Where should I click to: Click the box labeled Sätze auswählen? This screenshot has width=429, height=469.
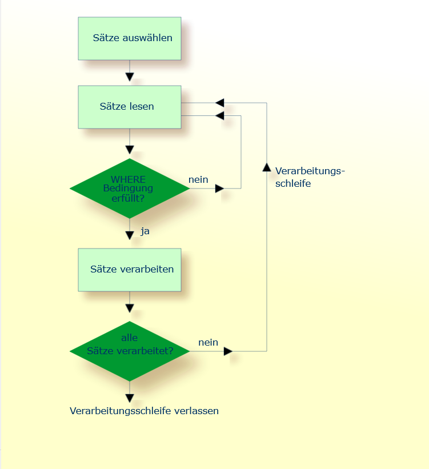(130, 38)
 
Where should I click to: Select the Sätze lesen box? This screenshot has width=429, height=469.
(130, 107)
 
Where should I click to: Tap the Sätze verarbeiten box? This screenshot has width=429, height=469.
(130, 269)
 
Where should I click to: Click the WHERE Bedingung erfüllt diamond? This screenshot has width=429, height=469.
(130, 188)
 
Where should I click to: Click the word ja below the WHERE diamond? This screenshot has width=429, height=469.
(145, 231)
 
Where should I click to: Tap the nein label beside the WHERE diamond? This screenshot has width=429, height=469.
(198, 179)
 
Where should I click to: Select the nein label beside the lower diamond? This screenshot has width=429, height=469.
(208, 342)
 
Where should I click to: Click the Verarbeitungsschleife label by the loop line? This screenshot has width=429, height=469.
(310, 177)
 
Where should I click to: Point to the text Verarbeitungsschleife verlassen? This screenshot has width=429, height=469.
(144, 411)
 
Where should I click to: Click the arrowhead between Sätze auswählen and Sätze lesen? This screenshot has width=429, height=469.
(130, 77)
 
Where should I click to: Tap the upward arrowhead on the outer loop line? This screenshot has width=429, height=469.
(267, 167)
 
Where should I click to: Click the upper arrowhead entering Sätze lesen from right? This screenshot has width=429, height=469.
(220, 103)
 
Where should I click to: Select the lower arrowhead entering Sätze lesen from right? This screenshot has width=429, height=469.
(220, 116)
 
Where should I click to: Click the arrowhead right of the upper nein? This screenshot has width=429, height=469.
(219, 188)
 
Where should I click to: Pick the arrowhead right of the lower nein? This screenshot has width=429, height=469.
(228, 351)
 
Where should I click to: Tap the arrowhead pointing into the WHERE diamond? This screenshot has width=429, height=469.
(130, 150)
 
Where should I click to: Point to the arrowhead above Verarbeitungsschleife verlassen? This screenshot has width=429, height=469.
(130, 398)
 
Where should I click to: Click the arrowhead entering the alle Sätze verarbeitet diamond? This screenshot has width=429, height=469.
(130, 308)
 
